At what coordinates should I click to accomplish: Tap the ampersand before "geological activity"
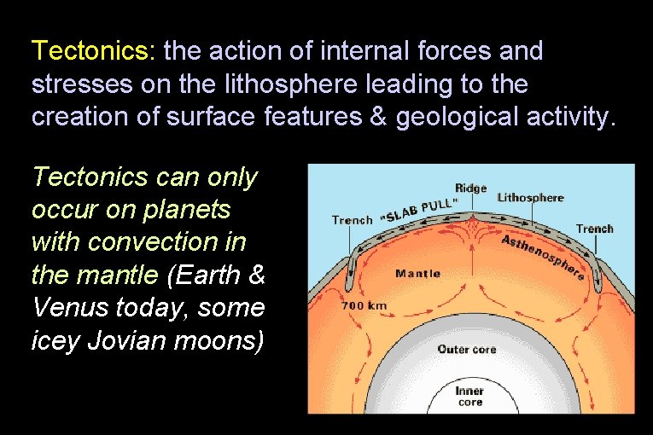click(379, 116)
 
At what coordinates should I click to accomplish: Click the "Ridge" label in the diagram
click(470, 188)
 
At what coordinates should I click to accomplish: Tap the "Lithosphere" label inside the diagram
click(530, 198)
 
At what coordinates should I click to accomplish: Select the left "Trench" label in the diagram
click(352, 220)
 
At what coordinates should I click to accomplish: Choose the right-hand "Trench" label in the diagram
click(594, 229)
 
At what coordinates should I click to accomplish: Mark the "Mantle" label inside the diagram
click(417, 274)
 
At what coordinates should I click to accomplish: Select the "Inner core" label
click(469, 397)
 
